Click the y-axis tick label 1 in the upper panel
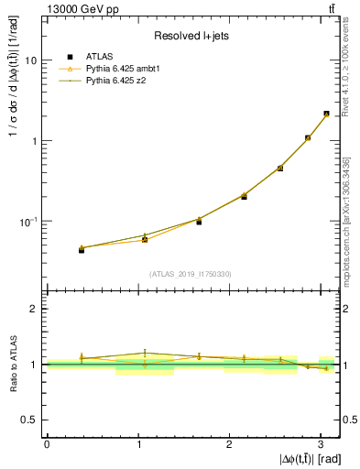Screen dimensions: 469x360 (x=34, y=141)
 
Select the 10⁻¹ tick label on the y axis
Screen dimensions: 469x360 (x=29, y=222)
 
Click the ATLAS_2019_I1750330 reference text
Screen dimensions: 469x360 (x=191, y=274)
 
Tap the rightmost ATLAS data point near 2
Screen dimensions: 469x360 (x=326, y=115)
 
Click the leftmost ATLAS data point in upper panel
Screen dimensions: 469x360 (x=82, y=249)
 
